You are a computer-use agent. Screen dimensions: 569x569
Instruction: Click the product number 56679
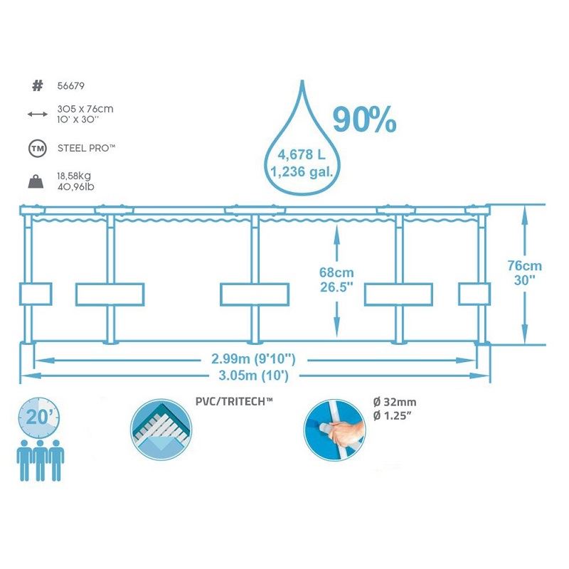pos(70,86)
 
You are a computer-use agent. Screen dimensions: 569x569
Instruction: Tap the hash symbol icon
pos(38,85)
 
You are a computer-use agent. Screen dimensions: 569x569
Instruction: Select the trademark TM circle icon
pos(38,148)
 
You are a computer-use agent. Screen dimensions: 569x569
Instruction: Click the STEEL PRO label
pos(86,148)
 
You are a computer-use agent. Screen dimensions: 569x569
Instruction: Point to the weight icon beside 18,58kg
pos(36,181)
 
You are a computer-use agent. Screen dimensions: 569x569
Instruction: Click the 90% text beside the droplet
pos(364,119)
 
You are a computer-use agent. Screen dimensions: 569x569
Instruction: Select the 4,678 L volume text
pos(302,155)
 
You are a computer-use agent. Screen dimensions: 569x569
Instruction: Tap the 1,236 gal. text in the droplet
pos(302,171)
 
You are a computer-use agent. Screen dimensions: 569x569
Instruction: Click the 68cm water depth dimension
pos(336,272)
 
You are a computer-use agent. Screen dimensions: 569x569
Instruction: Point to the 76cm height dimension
pos(525,265)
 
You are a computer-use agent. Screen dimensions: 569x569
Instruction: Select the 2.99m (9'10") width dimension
pos(253,359)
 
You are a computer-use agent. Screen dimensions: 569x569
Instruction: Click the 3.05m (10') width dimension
pos(253,375)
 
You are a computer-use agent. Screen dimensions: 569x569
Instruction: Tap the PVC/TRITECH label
pos(234,401)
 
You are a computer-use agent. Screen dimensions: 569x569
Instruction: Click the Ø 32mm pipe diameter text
pos(395,402)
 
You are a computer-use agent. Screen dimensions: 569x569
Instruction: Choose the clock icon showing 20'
pos(38,418)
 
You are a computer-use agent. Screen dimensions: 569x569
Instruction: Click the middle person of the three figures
pos(40,460)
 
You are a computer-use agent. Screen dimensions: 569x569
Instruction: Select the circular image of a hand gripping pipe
pos(334,430)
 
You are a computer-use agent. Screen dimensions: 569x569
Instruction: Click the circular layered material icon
pos(161,430)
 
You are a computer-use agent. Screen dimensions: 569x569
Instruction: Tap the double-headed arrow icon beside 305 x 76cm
pos(38,115)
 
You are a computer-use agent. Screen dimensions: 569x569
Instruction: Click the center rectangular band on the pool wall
pos(255,294)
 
